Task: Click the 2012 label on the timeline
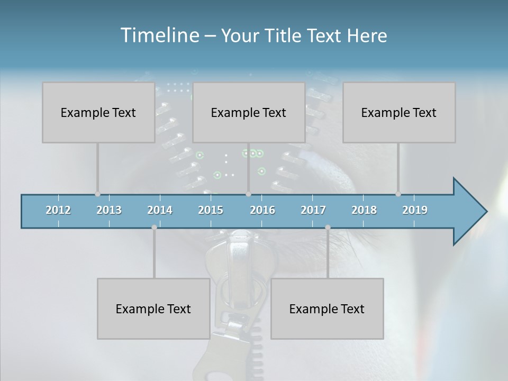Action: [x=58, y=210]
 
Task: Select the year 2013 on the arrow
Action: [x=109, y=210]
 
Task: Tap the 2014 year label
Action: [x=160, y=210]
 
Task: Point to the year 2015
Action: [x=211, y=210]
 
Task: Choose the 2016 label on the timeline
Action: [x=262, y=210]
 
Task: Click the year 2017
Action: [x=313, y=210]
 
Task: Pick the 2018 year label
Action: [x=364, y=210]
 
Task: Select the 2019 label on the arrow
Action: [x=415, y=210]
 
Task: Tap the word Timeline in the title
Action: [x=159, y=35]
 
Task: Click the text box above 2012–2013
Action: [x=98, y=112]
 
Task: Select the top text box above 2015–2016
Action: [x=249, y=112]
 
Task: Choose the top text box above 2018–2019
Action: [x=399, y=112]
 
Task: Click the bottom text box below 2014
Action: [x=153, y=309]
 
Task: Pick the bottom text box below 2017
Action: [x=327, y=309]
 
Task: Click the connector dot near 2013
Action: [x=97, y=194]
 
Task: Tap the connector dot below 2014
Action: [x=154, y=228]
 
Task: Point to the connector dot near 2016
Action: [x=248, y=194]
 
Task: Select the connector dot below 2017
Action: [x=328, y=228]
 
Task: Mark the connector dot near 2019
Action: [x=398, y=194]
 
